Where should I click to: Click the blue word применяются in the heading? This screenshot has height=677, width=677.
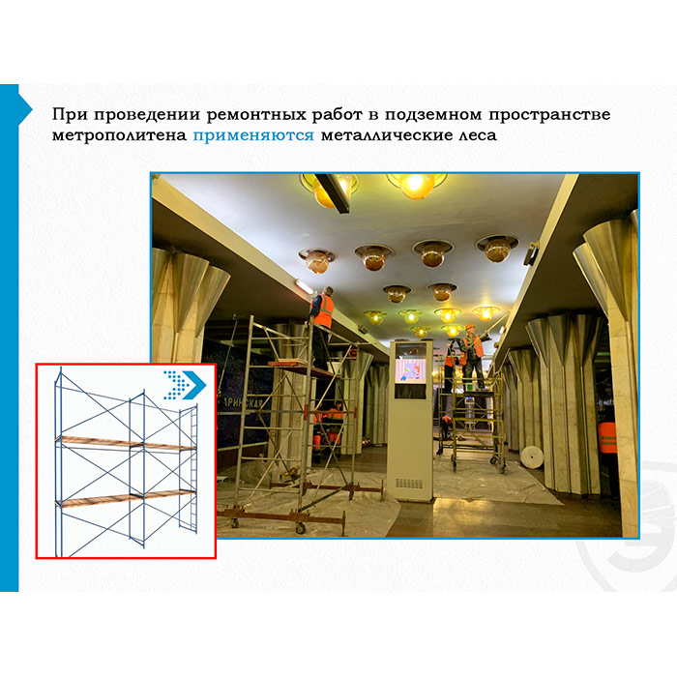coord(253,135)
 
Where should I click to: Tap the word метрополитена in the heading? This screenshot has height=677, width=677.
coord(119,135)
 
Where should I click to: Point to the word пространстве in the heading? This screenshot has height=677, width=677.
coord(549,115)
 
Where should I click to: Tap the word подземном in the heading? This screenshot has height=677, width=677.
coord(433,115)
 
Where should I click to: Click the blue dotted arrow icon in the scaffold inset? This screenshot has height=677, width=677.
coord(185,385)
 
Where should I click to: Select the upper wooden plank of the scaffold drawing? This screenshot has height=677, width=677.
coord(125,443)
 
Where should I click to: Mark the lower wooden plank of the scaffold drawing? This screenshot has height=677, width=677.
coord(125,498)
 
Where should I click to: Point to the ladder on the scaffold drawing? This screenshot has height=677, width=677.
coord(189,468)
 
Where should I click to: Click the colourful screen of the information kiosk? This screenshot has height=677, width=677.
coord(410,370)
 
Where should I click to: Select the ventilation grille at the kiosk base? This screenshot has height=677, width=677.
coord(409,484)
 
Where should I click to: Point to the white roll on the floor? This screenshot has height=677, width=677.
coord(532,457)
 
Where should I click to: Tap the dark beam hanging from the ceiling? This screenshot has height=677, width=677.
coord(333,193)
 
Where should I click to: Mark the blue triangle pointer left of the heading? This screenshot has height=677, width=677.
coord(25,108)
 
